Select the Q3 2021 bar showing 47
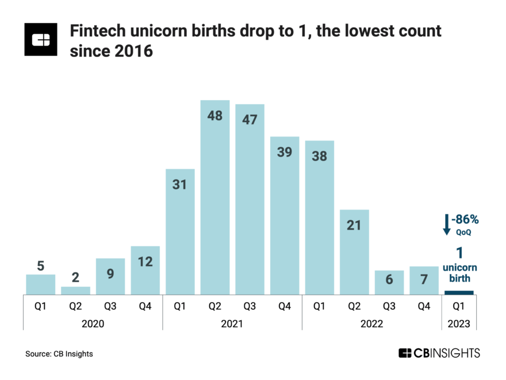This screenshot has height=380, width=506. tap(250, 199)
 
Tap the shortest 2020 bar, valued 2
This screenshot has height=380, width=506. tap(75, 290)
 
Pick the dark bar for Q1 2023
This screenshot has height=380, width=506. tap(459, 292)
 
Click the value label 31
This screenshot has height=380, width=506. tap(180, 185)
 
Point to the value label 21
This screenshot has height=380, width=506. tap(354, 225)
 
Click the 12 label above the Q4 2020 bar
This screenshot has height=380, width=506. tap(145, 261)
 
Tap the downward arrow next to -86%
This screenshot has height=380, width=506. tap(446, 223)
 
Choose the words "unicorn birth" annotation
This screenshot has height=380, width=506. tap(459, 273)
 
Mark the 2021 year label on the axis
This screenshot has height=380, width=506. tap(232, 324)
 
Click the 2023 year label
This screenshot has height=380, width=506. tap(459, 324)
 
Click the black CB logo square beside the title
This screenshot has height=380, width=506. tap(41, 40)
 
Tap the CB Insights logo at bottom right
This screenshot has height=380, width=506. tap(439, 353)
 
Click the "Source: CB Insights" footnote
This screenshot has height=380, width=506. tap(59, 354)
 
